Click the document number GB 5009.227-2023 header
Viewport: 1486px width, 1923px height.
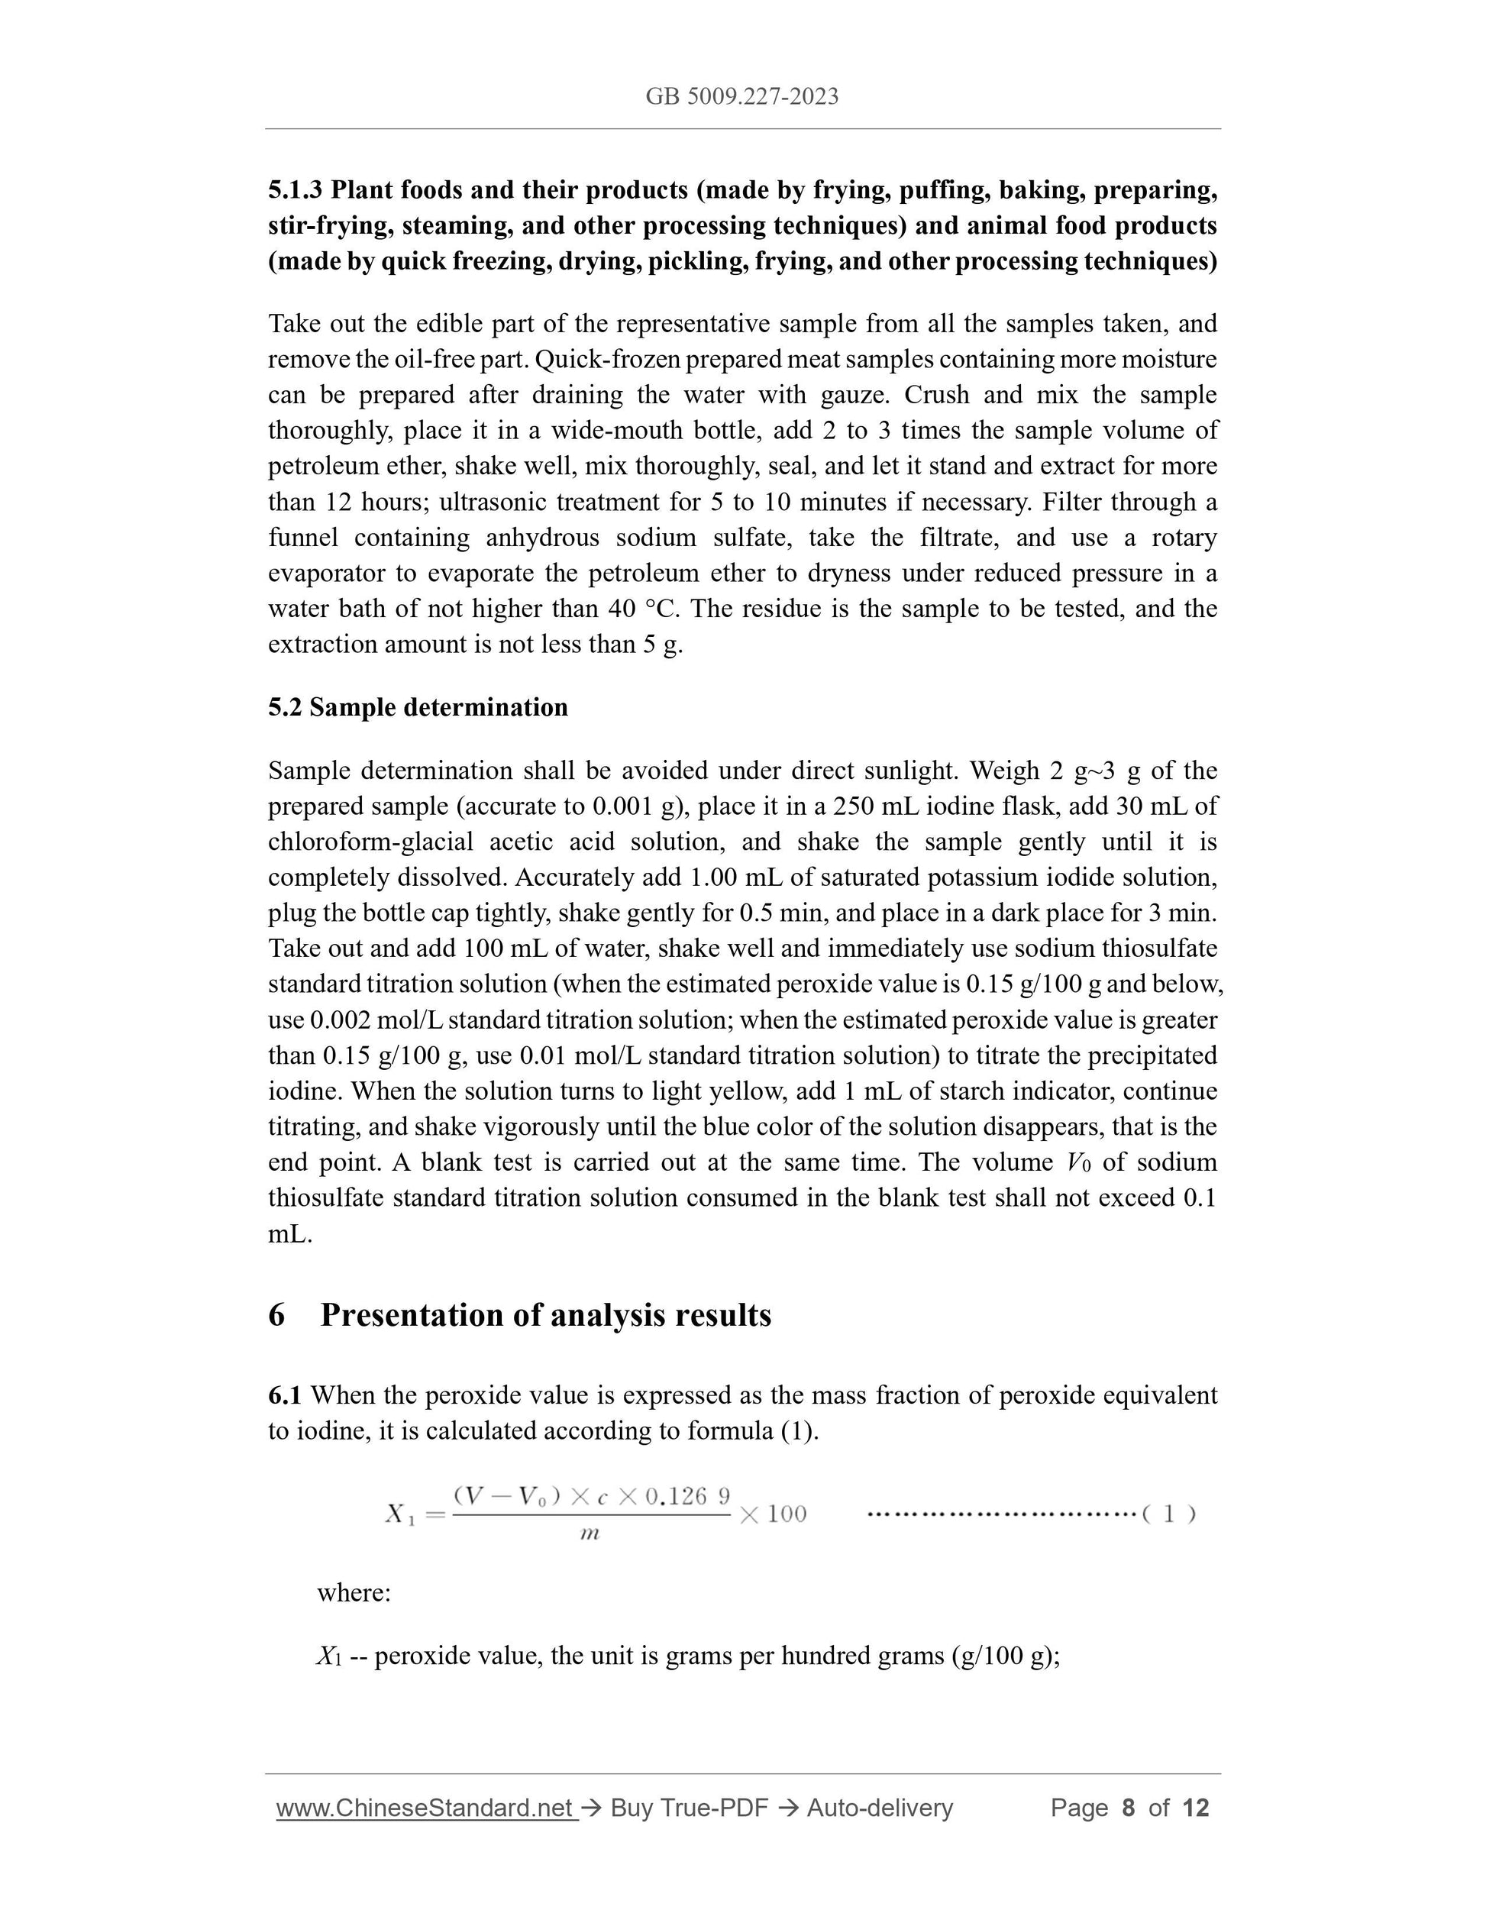[741, 97]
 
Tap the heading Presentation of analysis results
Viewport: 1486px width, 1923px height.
[545, 1314]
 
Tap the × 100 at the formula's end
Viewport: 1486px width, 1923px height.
[773, 1514]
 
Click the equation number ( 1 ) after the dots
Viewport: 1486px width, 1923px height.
[1168, 1514]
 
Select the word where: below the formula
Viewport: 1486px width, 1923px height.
[354, 1594]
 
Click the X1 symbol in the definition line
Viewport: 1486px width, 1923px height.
[328, 1657]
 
